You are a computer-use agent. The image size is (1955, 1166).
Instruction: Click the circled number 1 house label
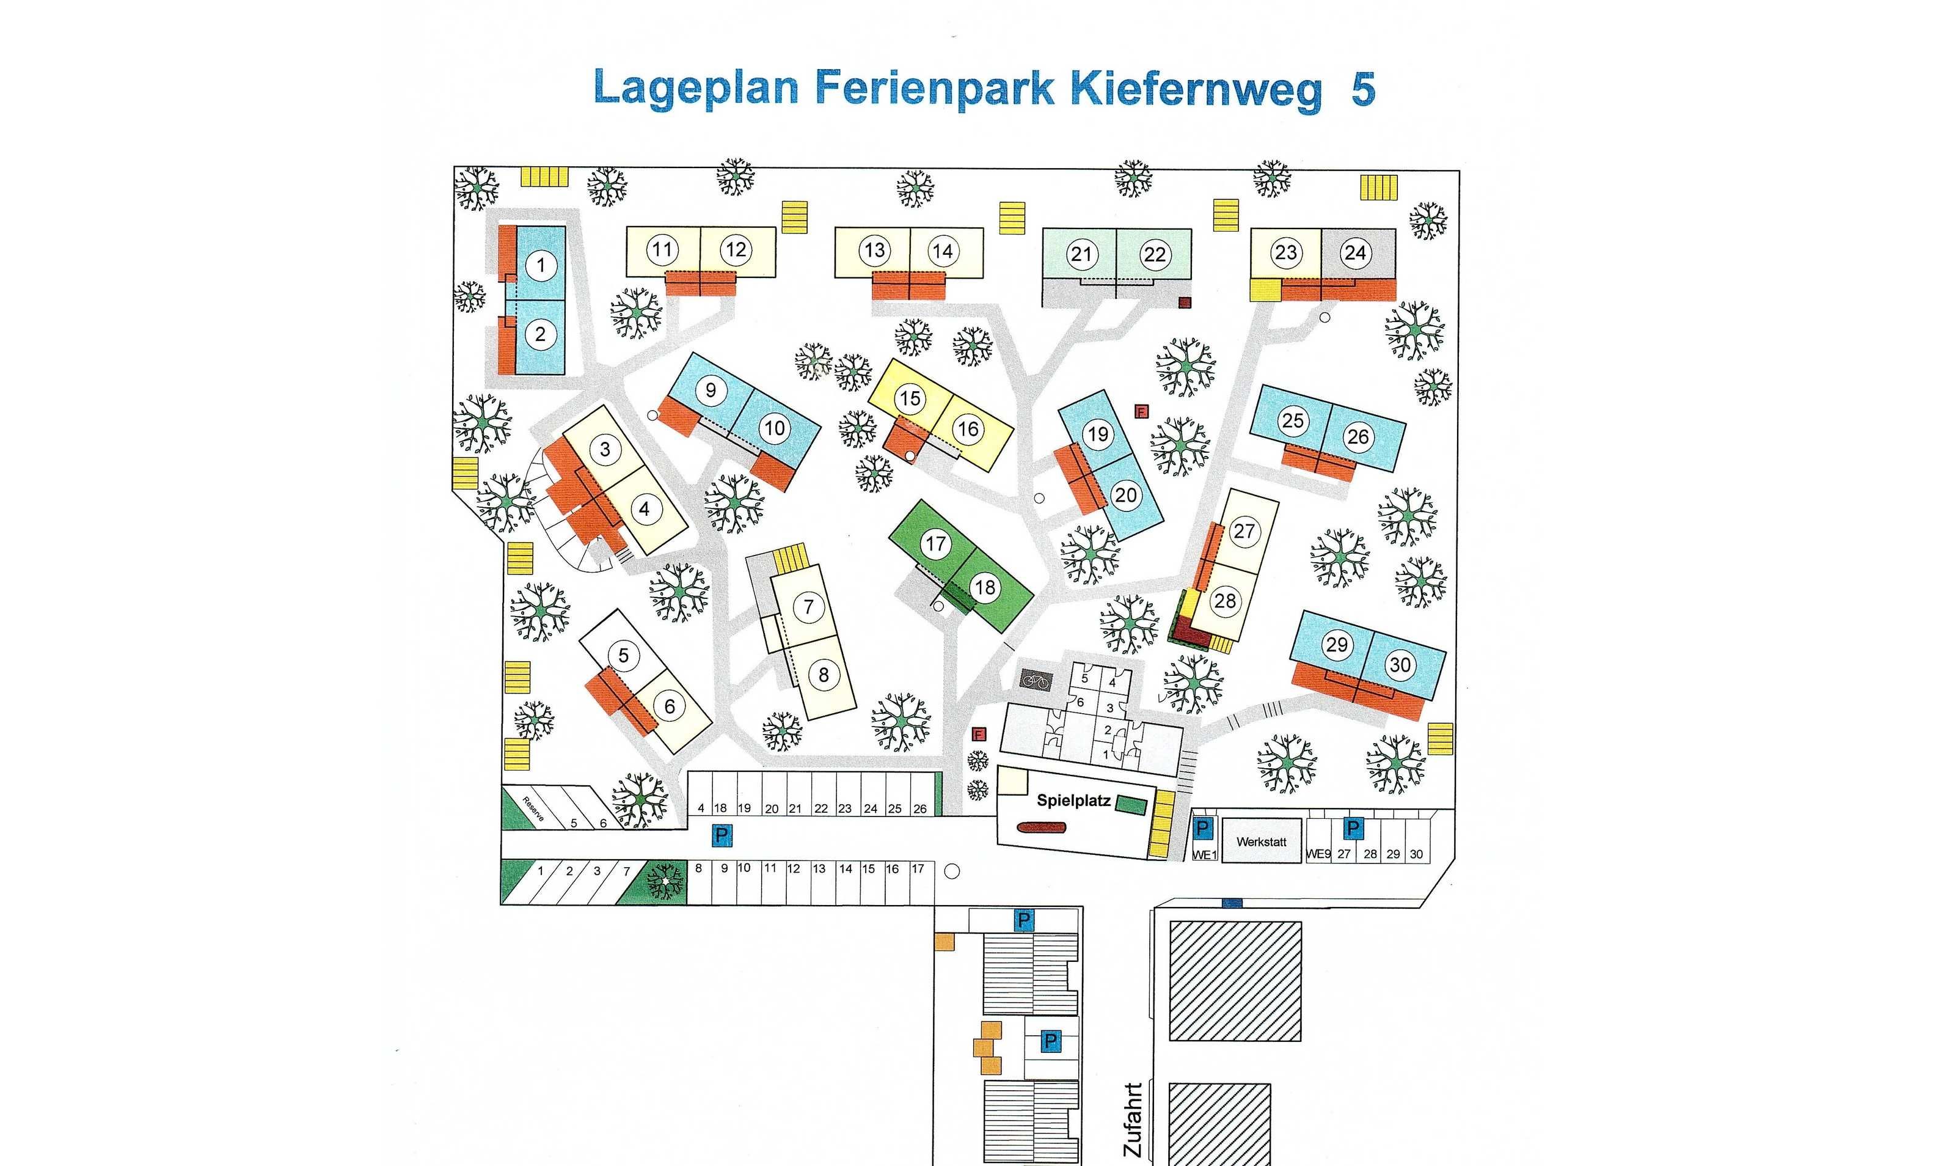pyautogui.click(x=541, y=265)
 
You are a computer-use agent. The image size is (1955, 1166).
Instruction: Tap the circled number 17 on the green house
pyautogui.click(x=935, y=544)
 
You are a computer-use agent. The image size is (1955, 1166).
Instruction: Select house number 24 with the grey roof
pyautogui.click(x=1356, y=252)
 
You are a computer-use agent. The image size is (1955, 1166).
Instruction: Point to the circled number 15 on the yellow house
pyautogui.click(x=910, y=398)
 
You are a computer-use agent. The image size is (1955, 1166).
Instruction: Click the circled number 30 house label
pyautogui.click(x=1400, y=665)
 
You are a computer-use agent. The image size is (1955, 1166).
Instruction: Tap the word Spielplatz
pyautogui.click(x=1073, y=801)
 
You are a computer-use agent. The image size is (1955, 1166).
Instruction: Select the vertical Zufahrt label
pyautogui.click(x=1133, y=1119)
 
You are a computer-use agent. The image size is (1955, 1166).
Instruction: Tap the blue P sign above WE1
pyautogui.click(x=1202, y=828)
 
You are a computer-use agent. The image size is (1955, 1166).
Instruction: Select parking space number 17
pyautogui.click(x=918, y=869)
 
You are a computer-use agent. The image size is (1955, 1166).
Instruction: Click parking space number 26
pyautogui.click(x=920, y=809)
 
